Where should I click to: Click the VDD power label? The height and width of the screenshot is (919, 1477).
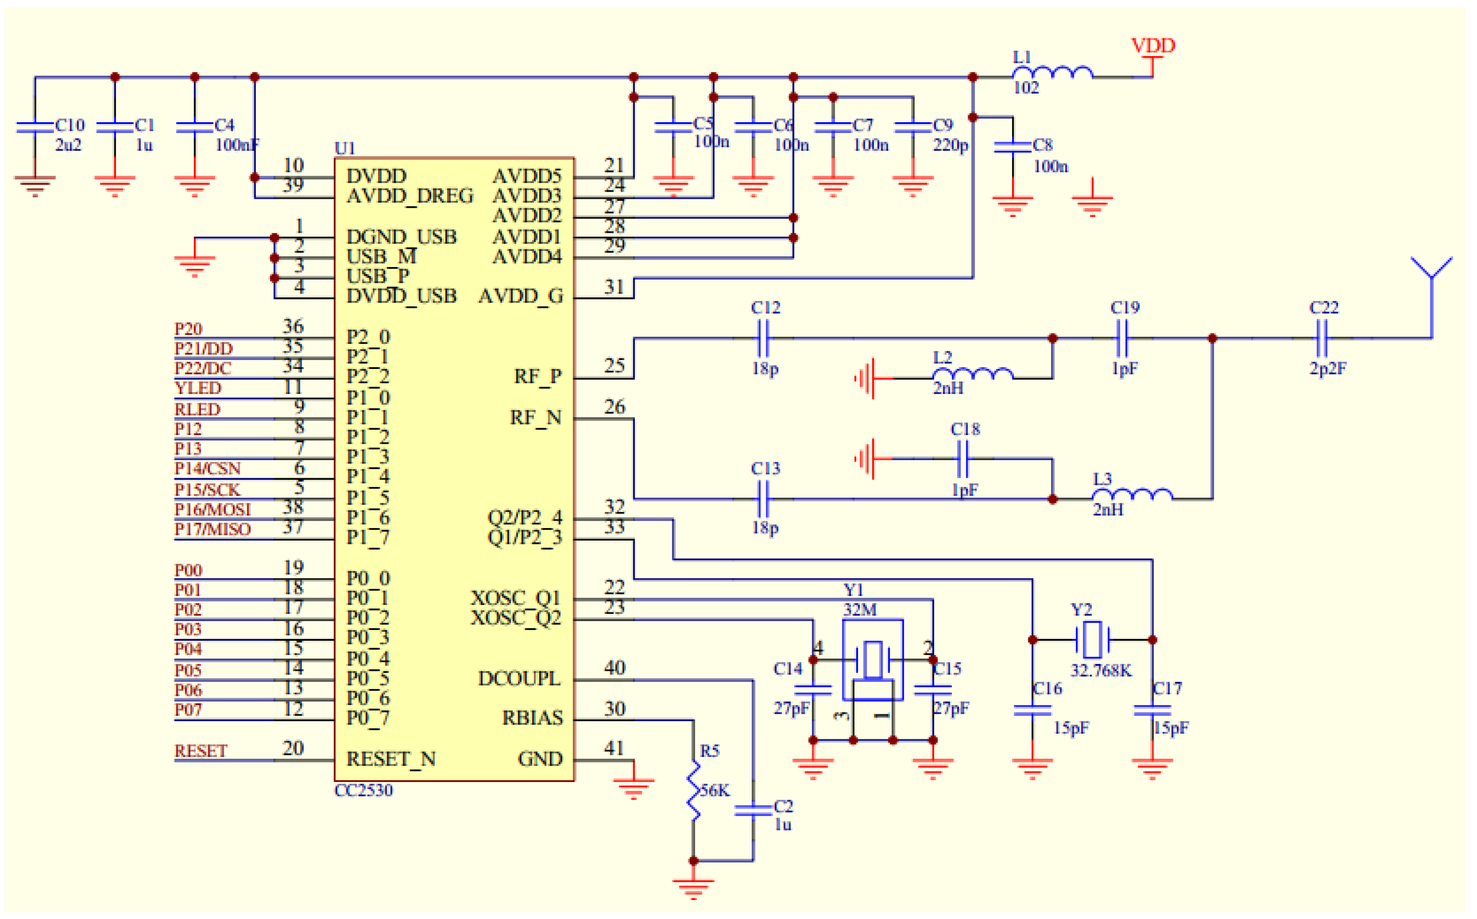(x=1152, y=46)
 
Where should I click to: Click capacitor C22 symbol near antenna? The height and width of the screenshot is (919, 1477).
(x=1321, y=338)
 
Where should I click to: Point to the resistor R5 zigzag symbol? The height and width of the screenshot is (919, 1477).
(x=693, y=790)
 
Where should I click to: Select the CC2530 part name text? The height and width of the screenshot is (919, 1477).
(x=363, y=790)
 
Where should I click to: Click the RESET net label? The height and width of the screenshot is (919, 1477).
(x=200, y=751)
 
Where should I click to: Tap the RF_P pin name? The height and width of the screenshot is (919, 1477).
(x=538, y=377)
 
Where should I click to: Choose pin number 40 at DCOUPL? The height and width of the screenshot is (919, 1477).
(x=614, y=668)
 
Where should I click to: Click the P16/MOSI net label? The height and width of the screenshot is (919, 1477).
(x=212, y=509)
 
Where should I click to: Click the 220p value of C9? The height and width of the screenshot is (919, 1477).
(x=950, y=145)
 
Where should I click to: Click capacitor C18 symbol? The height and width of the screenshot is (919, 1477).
(x=962, y=459)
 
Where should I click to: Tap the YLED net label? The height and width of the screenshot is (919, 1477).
(x=197, y=388)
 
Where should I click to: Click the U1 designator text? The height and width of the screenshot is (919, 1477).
(x=344, y=148)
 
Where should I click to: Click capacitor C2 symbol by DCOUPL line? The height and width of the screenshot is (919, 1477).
(x=753, y=810)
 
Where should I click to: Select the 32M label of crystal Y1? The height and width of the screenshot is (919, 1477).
(x=859, y=610)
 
